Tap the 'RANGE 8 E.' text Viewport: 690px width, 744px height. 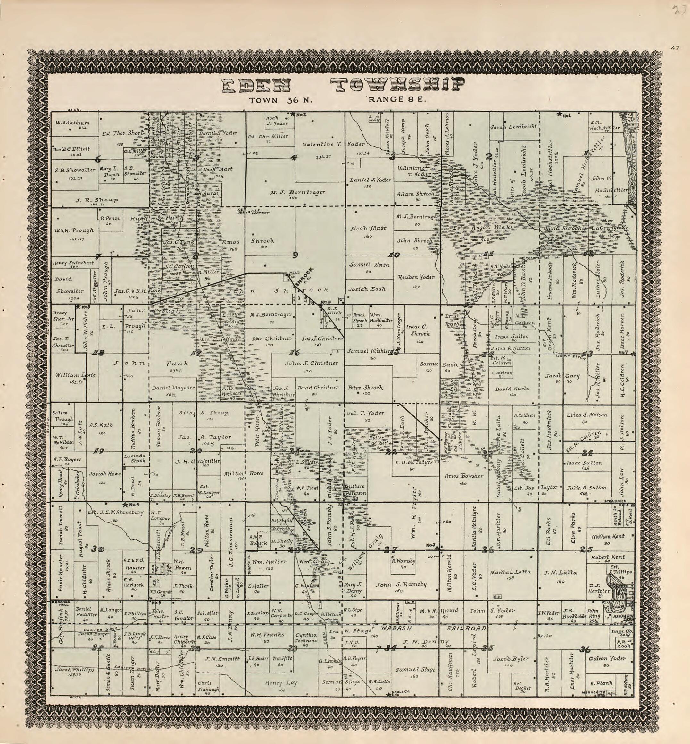coord(397,100)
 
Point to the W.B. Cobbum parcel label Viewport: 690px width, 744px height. coord(73,122)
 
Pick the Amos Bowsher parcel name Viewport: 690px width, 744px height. coord(464,476)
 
